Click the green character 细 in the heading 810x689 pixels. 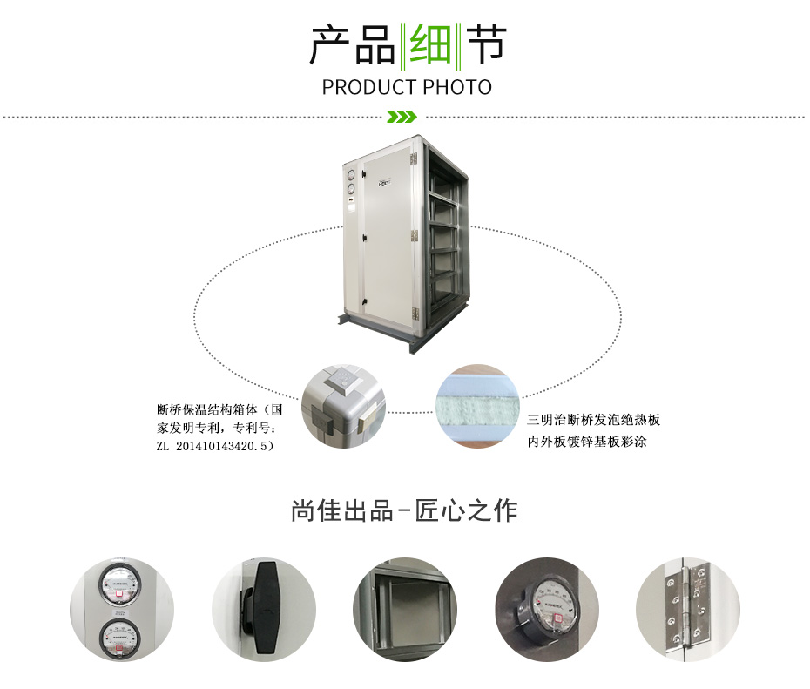[429, 45]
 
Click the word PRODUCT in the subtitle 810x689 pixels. [368, 87]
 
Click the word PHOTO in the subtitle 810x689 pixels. [457, 87]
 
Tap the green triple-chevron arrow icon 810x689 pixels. [402, 117]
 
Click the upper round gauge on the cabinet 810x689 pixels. [352, 176]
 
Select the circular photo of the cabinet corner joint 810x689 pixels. [343, 406]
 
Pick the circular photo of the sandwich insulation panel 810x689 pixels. [476, 406]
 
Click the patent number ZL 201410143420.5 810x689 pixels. [215, 446]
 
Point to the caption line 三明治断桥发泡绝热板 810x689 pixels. [593, 419]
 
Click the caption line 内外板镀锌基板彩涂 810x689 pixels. [587, 442]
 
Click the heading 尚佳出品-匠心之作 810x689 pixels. [404, 510]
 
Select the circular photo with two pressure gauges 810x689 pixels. [122, 610]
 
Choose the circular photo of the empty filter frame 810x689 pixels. [405, 610]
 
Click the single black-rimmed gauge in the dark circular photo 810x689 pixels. [550, 608]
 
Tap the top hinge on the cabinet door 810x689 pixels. [413, 159]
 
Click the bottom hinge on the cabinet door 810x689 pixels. [415, 314]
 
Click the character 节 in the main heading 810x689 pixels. [486, 45]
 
